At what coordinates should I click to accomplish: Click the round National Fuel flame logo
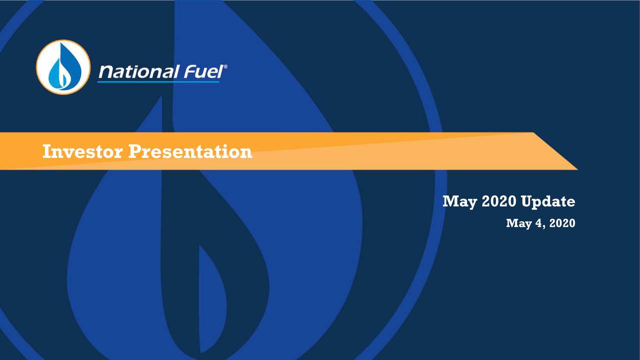(x=63, y=67)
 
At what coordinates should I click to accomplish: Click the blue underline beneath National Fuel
(x=158, y=81)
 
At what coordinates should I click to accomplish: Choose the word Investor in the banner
(x=82, y=151)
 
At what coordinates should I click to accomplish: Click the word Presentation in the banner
(x=190, y=151)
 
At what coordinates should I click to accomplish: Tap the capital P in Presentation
(x=134, y=151)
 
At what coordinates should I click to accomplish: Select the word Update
(x=548, y=202)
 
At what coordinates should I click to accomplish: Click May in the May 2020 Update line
(x=458, y=202)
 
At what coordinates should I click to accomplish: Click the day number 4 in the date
(x=537, y=223)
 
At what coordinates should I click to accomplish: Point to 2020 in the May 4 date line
(x=562, y=223)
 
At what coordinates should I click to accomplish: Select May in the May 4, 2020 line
(x=518, y=223)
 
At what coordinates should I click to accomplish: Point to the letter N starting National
(x=104, y=73)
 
